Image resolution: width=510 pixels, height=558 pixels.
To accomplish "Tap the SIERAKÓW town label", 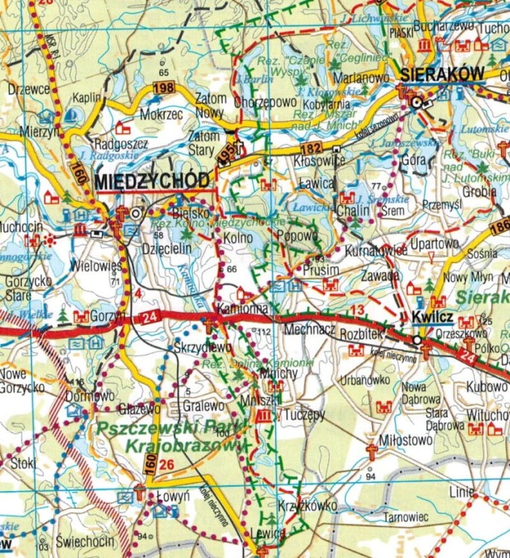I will click(442, 74).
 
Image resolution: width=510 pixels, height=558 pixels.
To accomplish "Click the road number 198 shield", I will click(163, 89).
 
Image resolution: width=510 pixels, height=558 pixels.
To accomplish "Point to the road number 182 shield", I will click(311, 130).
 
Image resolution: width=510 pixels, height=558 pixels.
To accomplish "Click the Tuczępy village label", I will click(305, 414).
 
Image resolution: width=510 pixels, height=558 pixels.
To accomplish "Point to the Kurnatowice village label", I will click(376, 251).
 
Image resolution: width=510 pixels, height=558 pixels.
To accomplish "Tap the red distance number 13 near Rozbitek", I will click(357, 309).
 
